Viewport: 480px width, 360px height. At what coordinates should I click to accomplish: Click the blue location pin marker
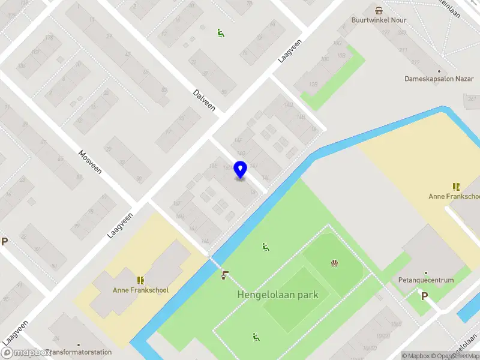pyautogui.click(x=240, y=170)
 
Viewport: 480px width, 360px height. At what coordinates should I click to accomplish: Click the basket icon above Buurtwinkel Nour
pyautogui.click(x=379, y=10)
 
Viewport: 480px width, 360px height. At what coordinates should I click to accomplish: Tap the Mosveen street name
pyautogui.click(x=90, y=161)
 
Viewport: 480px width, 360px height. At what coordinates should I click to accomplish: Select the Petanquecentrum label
pyautogui.click(x=426, y=280)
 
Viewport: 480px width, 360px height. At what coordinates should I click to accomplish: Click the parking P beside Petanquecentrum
pyautogui.click(x=425, y=295)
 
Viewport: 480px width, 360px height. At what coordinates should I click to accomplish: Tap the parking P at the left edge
pyautogui.click(x=5, y=242)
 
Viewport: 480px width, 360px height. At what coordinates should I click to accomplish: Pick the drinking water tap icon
pyautogui.click(x=224, y=275)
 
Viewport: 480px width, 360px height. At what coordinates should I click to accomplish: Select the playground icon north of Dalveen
pyautogui.click(x=221, y=34)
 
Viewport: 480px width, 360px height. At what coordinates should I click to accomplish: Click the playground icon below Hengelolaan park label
pyautogui.click(x=256, y=337)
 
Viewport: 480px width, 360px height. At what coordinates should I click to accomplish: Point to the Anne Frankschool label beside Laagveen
pyautogui.click(x=140, y=290)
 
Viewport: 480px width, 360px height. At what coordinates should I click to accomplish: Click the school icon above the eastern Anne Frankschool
pyautogui.click(x=456, y=187)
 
